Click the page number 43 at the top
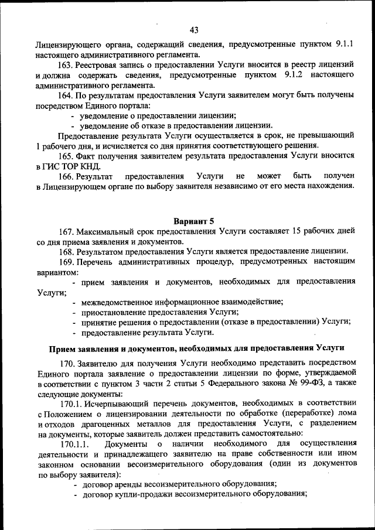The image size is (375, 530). point(195,30)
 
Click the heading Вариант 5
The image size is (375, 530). point(194,221)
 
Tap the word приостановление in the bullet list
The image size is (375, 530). point(114,312)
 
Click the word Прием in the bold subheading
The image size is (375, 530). point(62,348)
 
